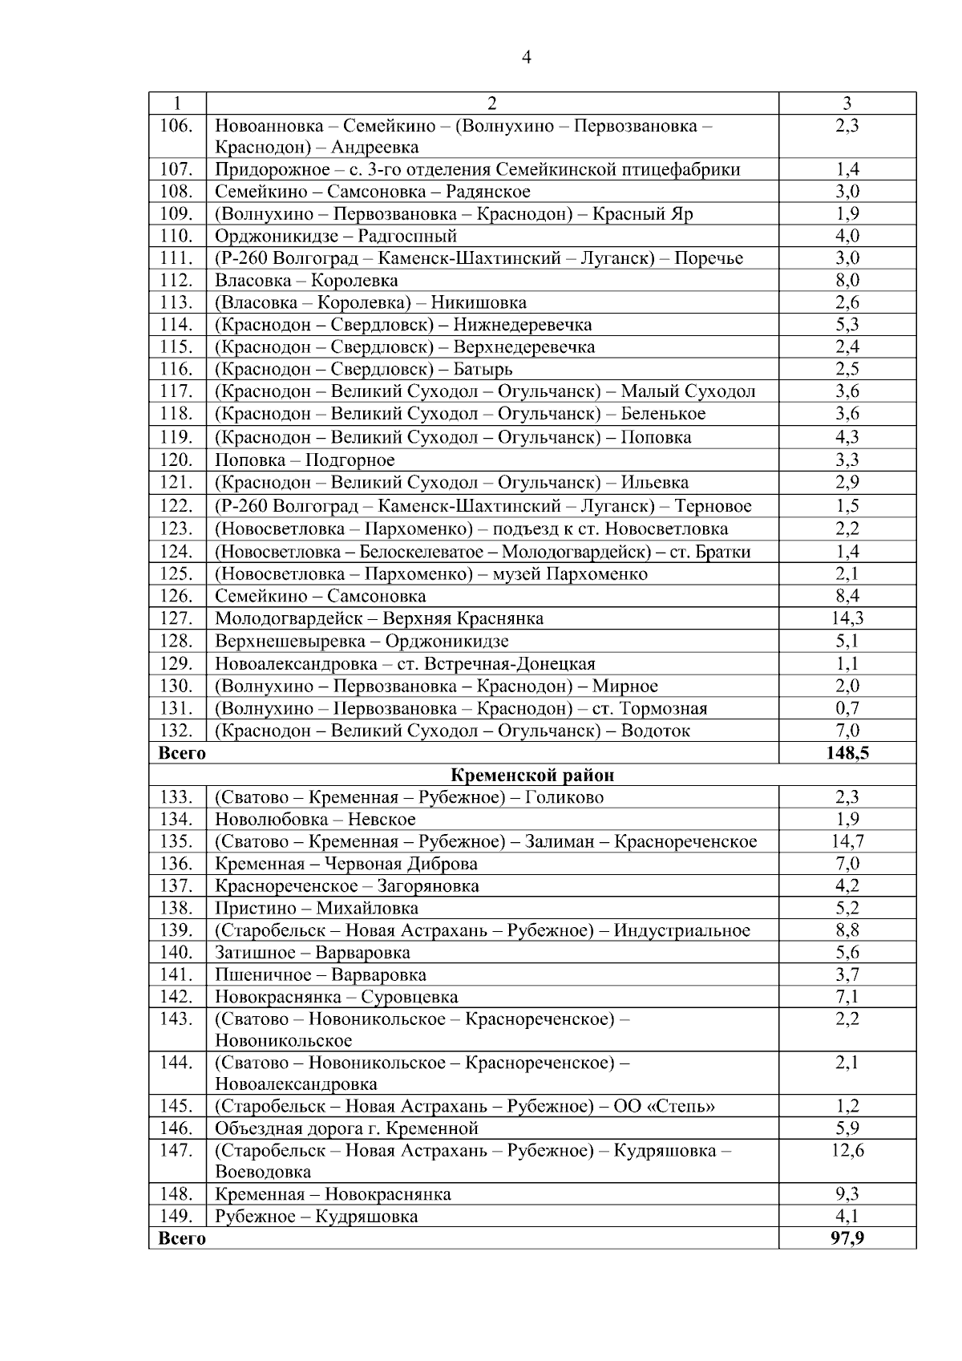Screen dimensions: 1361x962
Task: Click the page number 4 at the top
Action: click(x=526, y=57)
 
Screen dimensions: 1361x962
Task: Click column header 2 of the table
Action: click(x=492, y=103)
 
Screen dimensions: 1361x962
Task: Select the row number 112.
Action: click(x=176, y=280)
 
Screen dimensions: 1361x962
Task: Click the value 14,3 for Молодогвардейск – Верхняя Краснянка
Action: click(x=847, y=618)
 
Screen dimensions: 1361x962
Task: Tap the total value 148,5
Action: click(x=847, y=753)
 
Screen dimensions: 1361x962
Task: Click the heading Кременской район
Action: click(x=532, y=775)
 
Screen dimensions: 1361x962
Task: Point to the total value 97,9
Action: click(x=847, y=1238)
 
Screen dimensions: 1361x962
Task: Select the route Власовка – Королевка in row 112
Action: click(x=306, y=280)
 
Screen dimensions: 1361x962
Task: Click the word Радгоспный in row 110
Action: click(x=407, y=236)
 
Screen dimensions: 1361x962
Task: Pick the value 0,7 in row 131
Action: click(x=847, y=708)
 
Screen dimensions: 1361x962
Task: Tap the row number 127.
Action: click(x=176, y=618)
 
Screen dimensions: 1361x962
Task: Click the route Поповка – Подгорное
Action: click(x=305, y=460)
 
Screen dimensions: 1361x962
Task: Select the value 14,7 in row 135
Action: click(x=847, y=841)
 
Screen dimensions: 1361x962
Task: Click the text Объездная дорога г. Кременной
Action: click(x=346, y=1128)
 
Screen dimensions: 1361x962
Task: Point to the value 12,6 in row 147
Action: click(x=847, y=1150)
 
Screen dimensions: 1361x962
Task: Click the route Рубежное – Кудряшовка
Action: click(x=316, y=1217)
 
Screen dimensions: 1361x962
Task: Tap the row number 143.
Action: click(x=176, y=1019)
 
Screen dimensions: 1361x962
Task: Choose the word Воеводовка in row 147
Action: click(x=262, y=1172)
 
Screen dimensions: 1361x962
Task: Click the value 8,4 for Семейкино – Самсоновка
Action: click(x=847, y=596)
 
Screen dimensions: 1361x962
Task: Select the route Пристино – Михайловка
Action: click(x=316, y=908)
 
